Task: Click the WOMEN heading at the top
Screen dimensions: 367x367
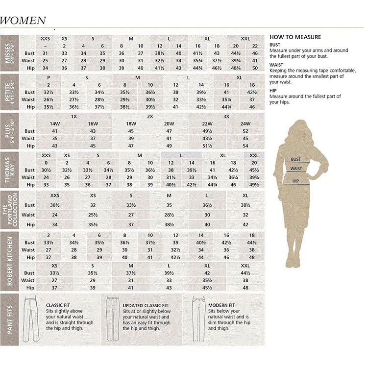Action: coord(23,21)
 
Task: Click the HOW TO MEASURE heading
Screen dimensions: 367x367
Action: coord(295,37)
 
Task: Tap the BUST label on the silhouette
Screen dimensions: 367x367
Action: coord(295,159)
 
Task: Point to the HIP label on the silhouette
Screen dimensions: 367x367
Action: coord(295,181)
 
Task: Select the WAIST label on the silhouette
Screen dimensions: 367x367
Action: coord(296,169)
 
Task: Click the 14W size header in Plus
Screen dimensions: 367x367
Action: coord(55,124)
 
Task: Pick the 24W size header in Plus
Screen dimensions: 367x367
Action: coord(245,124)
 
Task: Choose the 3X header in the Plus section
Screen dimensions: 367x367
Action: coord(226,117)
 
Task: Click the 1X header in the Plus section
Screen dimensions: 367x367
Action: coord(74,117)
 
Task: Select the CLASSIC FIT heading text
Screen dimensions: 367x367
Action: coord(58,304)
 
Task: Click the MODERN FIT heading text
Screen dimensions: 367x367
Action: coord(222,304)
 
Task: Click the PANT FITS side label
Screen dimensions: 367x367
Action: coord(9,319)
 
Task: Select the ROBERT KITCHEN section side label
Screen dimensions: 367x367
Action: coord(9,262)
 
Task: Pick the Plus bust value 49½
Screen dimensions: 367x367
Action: coord(207,131)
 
